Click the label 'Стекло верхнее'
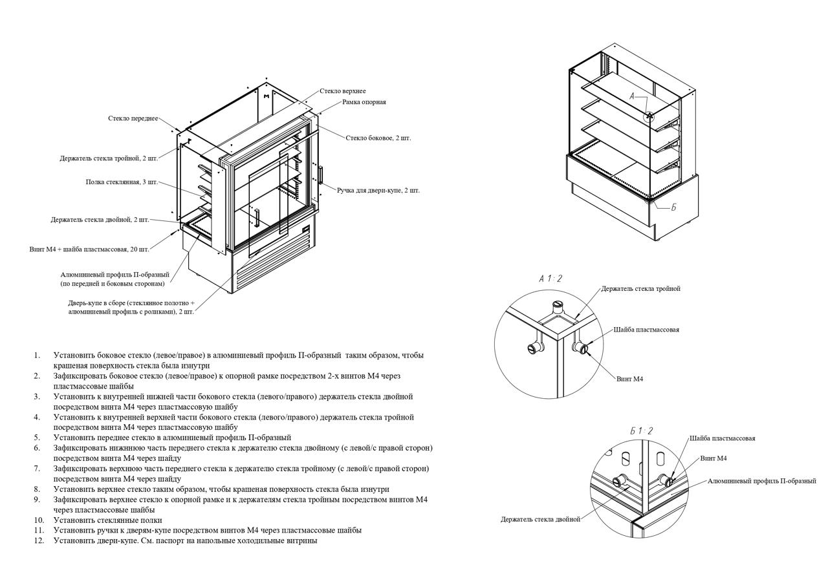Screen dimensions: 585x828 pos(342,91)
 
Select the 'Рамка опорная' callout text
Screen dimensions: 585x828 pos(364,102)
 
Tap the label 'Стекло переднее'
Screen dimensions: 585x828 pos(133,118)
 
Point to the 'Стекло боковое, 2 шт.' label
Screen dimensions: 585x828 pos(378,138)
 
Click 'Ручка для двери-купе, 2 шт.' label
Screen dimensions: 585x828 pos(378,190)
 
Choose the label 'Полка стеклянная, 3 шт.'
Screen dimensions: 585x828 pos(122,182)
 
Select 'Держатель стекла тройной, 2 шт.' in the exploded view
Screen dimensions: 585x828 pos(109,158)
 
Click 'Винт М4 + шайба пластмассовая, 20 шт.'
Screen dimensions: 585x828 pos(89,250)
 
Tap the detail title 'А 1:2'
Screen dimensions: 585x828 pos(550,279)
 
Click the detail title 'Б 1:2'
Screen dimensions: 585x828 pos(641,431)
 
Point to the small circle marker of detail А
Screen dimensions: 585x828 pos(649,117)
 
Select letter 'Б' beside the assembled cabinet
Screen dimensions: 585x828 pos(673,207)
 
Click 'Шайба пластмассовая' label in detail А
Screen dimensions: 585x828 pos(647,330)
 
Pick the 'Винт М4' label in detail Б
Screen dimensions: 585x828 pos(714,458)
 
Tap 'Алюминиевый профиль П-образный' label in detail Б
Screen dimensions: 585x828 pos(761,481)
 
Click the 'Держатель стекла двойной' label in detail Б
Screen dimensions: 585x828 pos(540,519)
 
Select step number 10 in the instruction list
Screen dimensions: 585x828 pos(39,520)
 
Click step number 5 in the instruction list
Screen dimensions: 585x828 pos(38,438)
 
